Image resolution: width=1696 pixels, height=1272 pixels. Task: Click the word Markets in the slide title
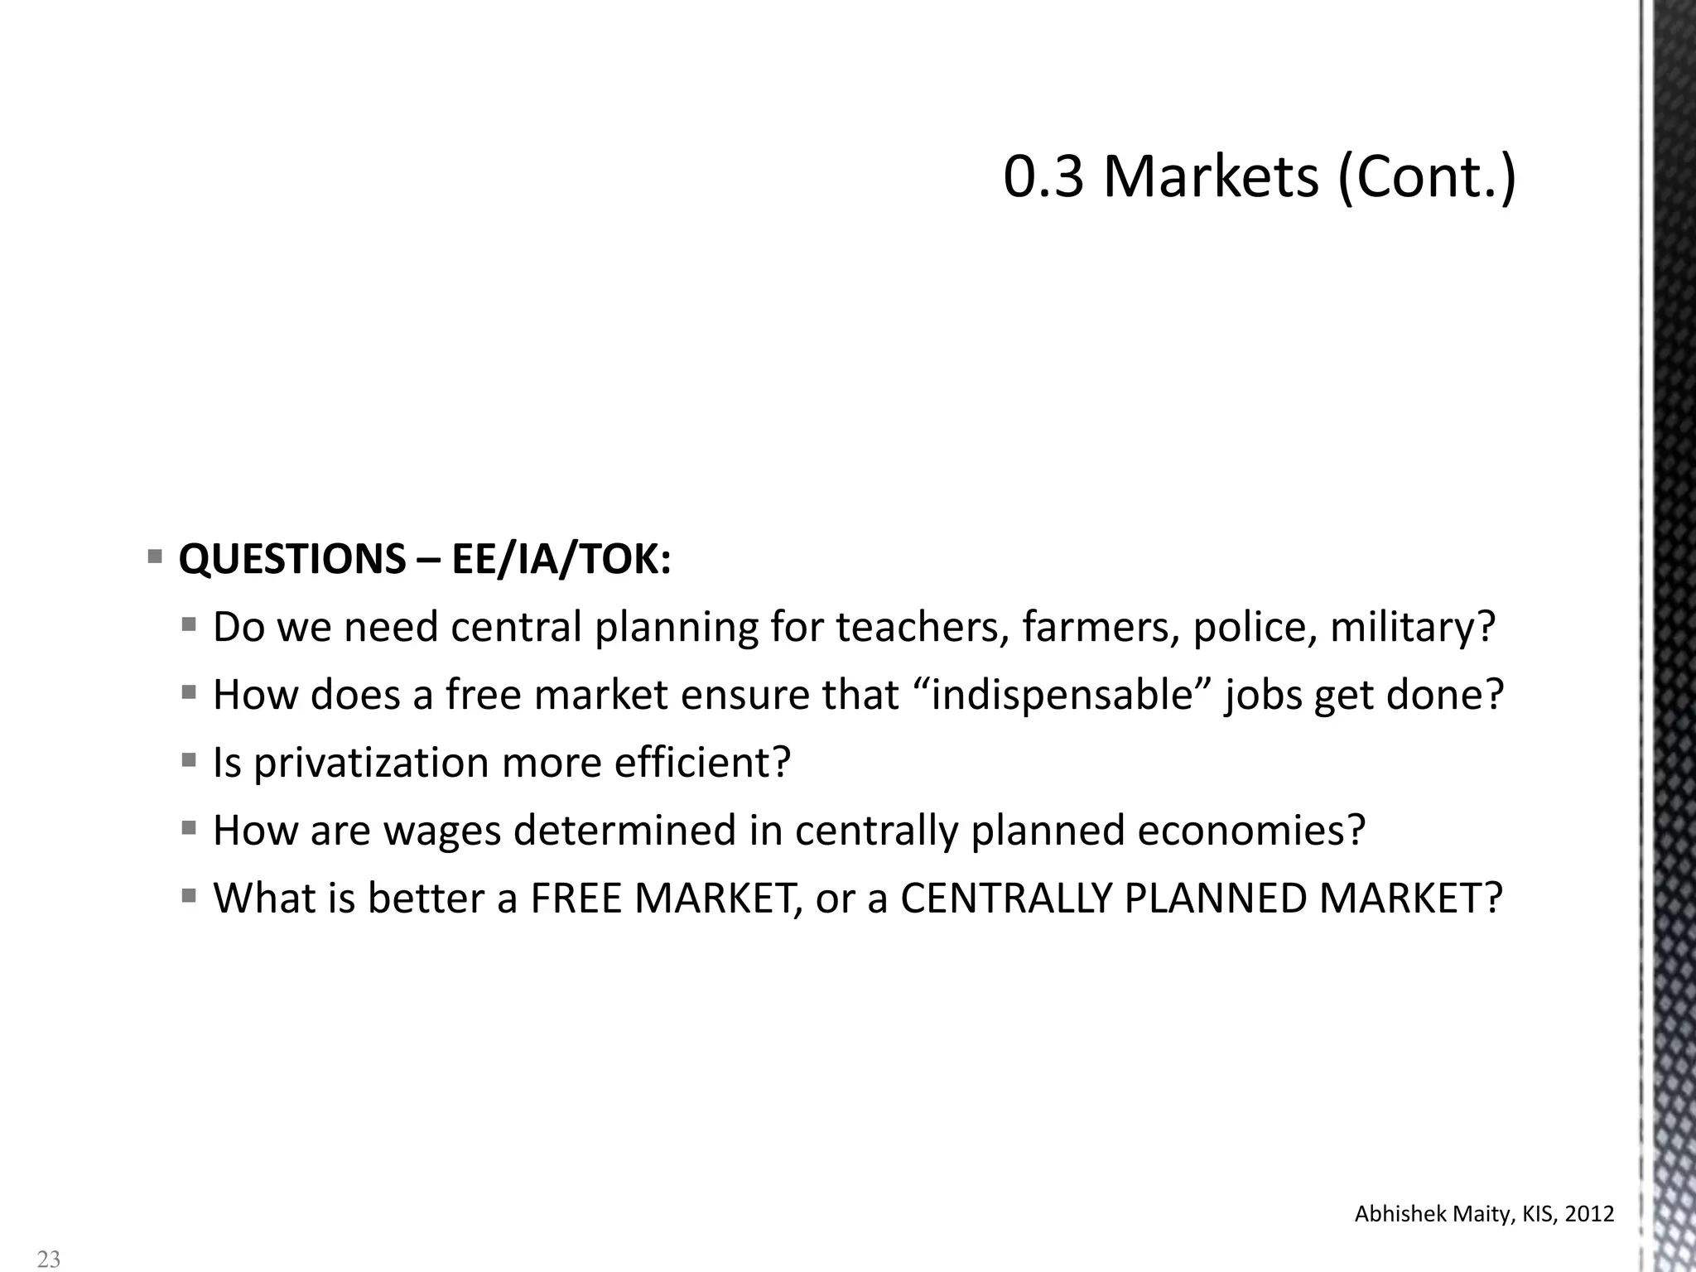(1211, 176)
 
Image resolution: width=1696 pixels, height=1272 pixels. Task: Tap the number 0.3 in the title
(1043, 176)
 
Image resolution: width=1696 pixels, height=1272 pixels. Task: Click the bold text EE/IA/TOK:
(561, 560)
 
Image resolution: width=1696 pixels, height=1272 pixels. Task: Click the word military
(1413, 627)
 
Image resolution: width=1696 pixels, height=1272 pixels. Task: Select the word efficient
(702, 763)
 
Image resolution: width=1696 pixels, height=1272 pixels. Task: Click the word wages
(442, 831)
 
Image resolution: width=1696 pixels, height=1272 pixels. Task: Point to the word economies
(1250, 831)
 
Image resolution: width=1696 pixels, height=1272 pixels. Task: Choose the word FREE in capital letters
(576, 899)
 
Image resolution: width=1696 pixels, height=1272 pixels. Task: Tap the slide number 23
(49, 1259)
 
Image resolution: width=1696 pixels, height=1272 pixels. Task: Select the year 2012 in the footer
(1591, 1214)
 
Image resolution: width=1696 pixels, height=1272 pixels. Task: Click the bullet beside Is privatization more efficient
(189, 759)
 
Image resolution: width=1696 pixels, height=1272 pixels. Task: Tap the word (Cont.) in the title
(1427, 176)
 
